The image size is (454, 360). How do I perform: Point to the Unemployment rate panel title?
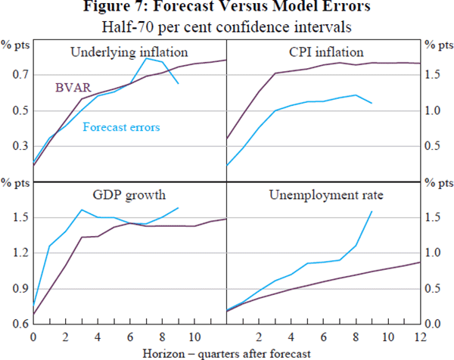pyautogui.click(x=326, y=194)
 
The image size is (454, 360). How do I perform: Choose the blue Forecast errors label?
pyautogui.click(x=121, y=127)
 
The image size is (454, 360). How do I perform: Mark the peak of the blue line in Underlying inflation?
pyautogui.click(x=147, y=58)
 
